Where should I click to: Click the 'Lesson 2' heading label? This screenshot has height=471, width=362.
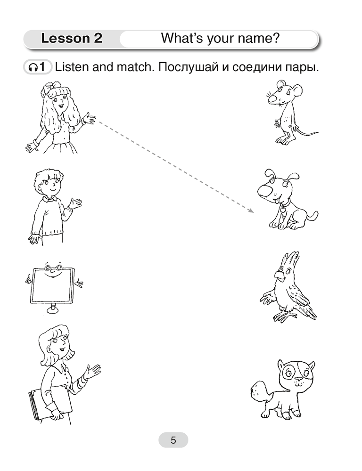pos(72,39)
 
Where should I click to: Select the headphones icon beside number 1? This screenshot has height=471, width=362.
pos(32,67)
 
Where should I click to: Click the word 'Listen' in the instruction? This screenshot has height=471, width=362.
pos(71,67)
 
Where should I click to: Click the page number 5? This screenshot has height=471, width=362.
pos(173,440)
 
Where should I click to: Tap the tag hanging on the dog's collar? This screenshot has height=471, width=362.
pos(282,210)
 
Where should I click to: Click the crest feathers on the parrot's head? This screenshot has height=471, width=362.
pos(291,259)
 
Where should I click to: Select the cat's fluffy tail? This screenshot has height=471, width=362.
pos(260,390)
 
